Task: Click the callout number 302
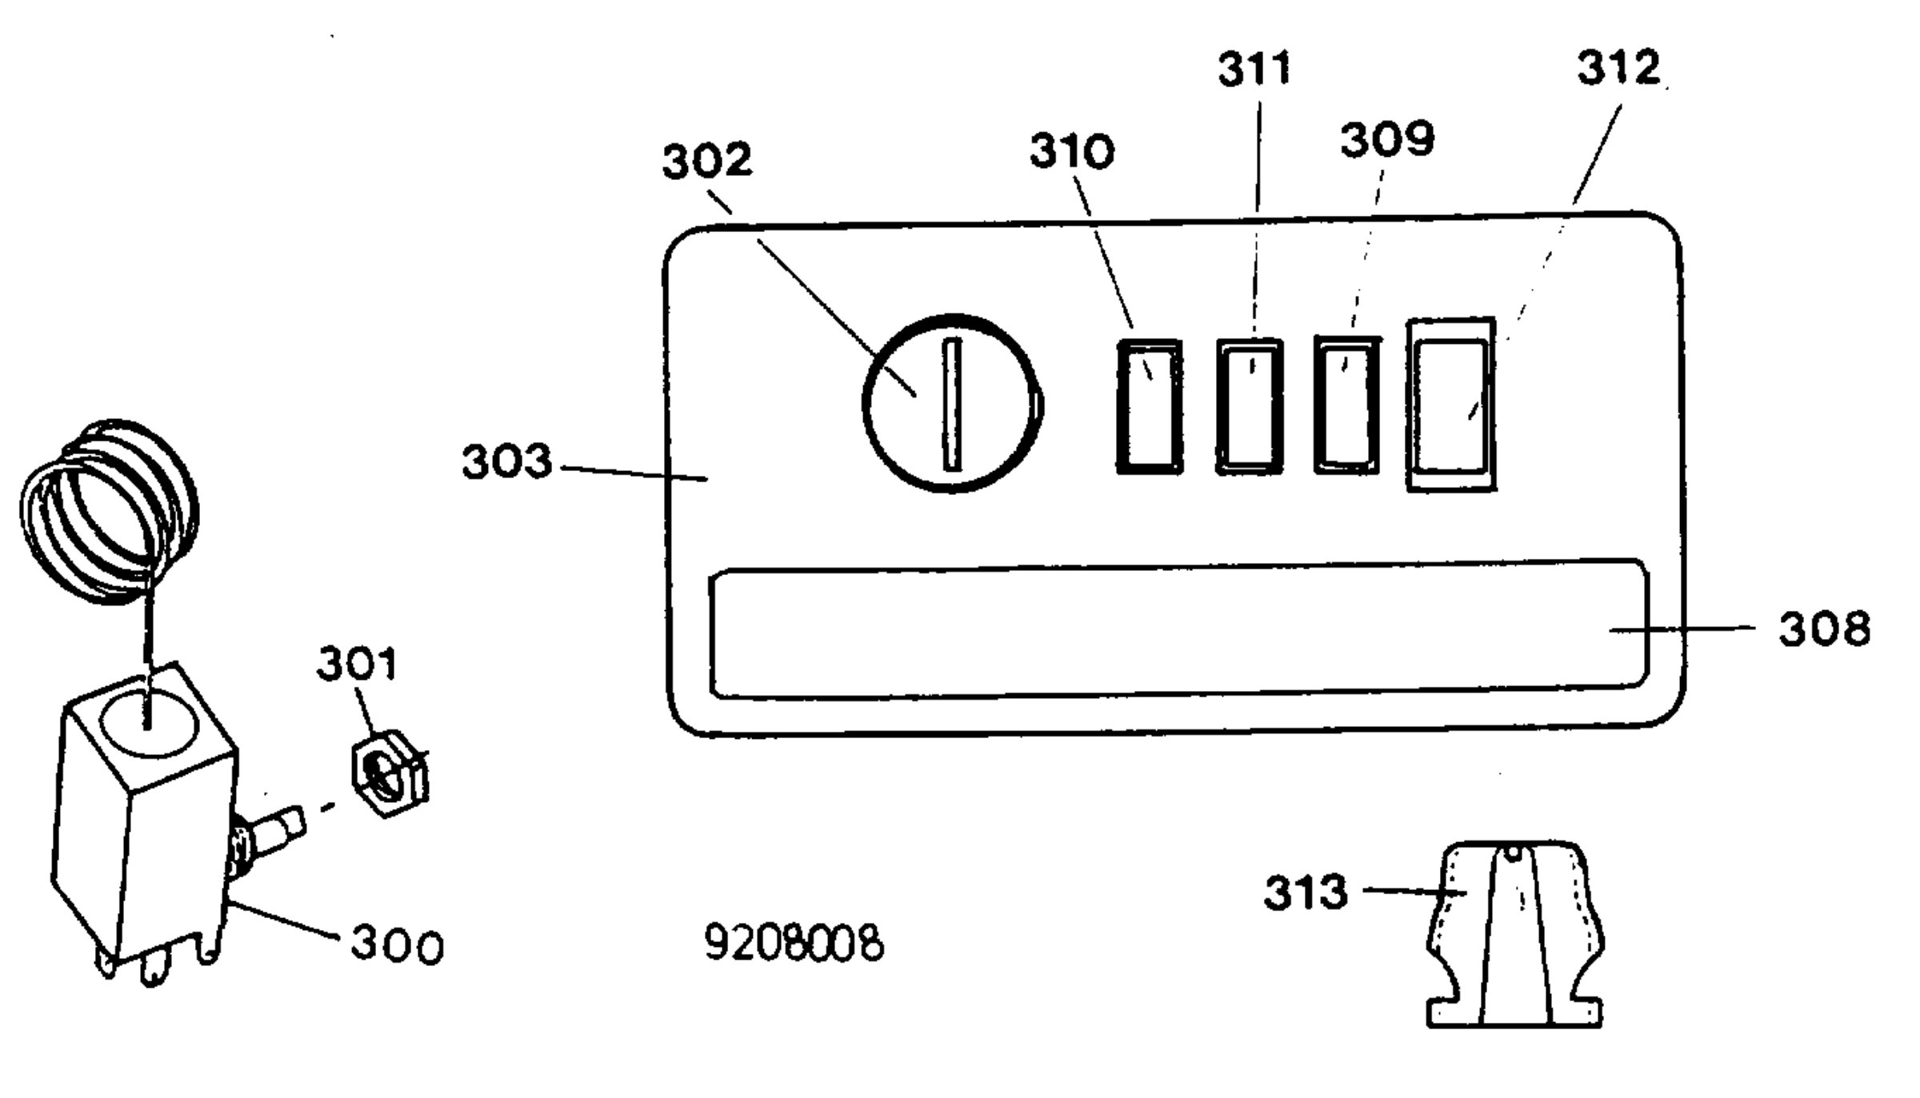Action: click(707, 161)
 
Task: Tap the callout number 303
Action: click(507, 462)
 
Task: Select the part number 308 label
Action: click(1825, 629)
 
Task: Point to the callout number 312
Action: click(1618, 67)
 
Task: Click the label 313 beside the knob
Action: click(1306, 892)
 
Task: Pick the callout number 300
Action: click(397, 944)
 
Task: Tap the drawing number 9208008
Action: click(794, 943)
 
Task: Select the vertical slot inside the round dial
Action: click(952, 404)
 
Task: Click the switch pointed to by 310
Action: click(1149, 407)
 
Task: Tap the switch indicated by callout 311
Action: click(1249, 406)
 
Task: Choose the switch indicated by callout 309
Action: click(1348, 405)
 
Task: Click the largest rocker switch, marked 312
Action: click(1451, 405)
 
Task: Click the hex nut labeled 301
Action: click(390, 771)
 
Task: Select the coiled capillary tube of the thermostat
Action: click(109, 512)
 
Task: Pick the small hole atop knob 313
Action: click(1512, 853)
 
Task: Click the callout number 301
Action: click(357, 665)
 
